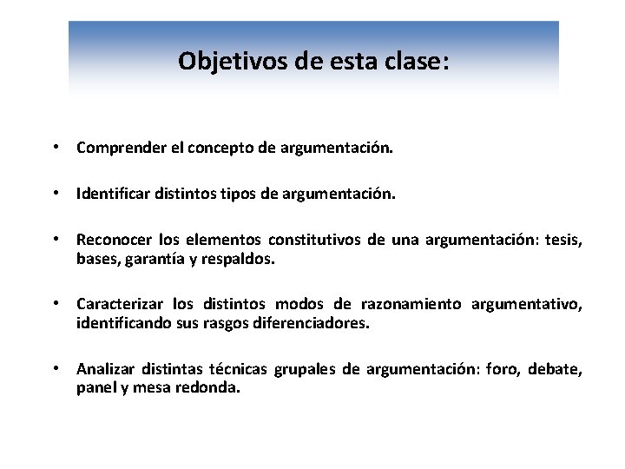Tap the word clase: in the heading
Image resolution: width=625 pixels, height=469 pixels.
click(x=417, y=61)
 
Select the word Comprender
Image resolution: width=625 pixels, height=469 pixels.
click(x=116, y=149)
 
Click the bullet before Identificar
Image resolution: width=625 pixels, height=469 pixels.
click(x=55, y=195)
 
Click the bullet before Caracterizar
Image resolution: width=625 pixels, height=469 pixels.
click(x=55, y=304)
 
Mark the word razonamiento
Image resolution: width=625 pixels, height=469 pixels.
click(x=411, y=304)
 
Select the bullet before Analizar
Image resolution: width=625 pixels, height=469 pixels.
click(x=55, y=369)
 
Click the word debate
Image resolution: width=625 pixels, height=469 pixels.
click(x=559, y=369)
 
